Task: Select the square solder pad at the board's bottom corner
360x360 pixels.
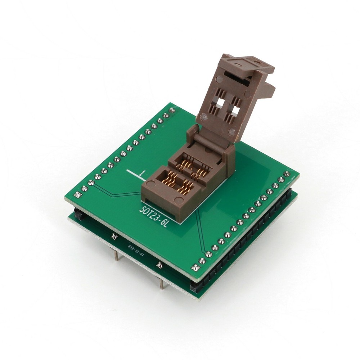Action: click(x=196, y=267)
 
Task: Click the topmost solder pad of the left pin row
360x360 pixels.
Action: click(x=172, y=110)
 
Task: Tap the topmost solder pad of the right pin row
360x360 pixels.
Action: click(x=287, y=174)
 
